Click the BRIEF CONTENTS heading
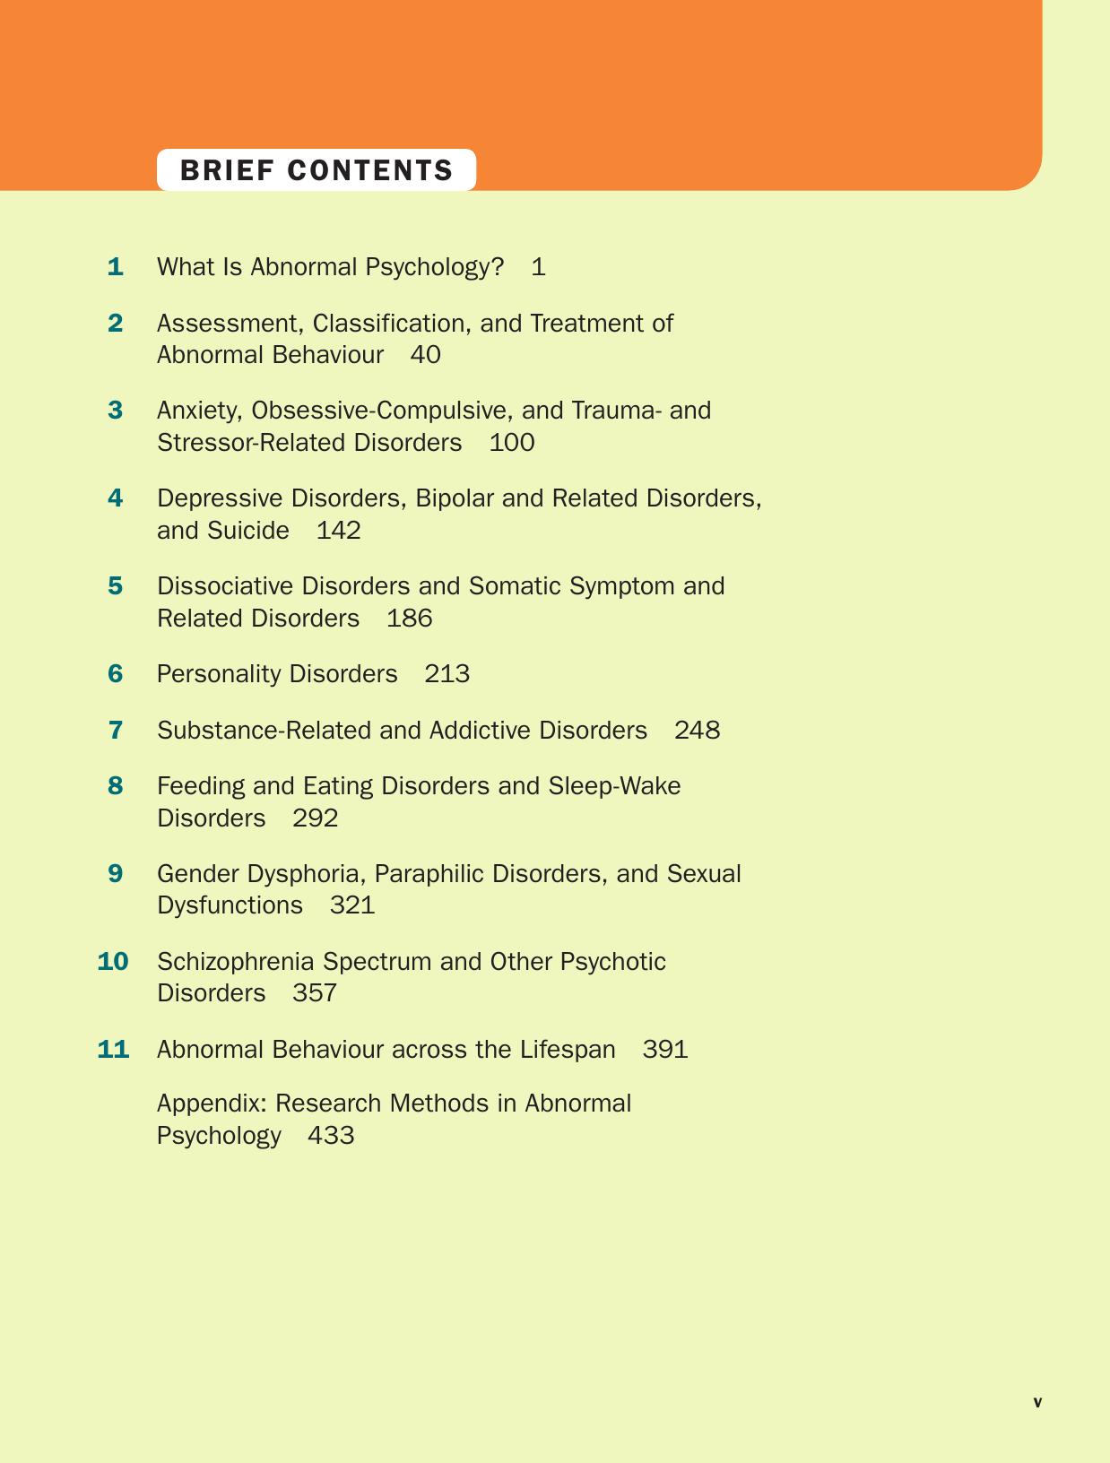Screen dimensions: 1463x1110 pos(317,170)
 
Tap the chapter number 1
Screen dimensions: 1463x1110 pos(115,267)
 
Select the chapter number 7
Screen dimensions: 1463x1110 pos(116,731)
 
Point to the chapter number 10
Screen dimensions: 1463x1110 pos(113,962)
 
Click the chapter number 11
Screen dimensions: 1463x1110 pos(113,1050)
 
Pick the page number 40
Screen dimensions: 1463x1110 pos(425,355)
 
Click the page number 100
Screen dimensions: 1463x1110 pos(512,443)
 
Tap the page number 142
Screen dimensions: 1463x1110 pos(339,531)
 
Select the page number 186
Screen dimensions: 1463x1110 pos(409,619)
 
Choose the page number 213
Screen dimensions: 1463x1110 pos(447,674)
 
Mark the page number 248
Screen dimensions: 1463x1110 pos(697,731)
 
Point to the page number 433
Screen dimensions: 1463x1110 pos(331,1136)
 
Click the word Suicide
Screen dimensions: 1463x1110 pos(247,531)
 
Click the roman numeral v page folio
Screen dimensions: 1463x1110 pos(1037,1403)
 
